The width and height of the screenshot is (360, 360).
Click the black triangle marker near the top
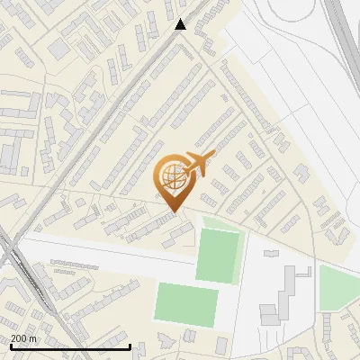[x=181, y=24]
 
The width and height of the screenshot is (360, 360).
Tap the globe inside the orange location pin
[x=173, y=176]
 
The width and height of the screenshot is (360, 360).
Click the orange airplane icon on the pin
[x=200, y=163]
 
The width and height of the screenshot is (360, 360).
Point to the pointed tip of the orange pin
[x=174, y=212]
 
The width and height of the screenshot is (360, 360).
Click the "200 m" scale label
[x=22, y=338]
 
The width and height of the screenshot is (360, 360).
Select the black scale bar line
[x=70, y=346]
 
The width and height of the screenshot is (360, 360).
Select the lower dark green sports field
[x=186, y=302]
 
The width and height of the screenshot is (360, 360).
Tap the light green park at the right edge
[x=338, y=288]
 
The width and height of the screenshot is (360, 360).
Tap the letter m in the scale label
[x=32, y=338]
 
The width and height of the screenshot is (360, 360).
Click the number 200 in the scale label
[x=18, y=338]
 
